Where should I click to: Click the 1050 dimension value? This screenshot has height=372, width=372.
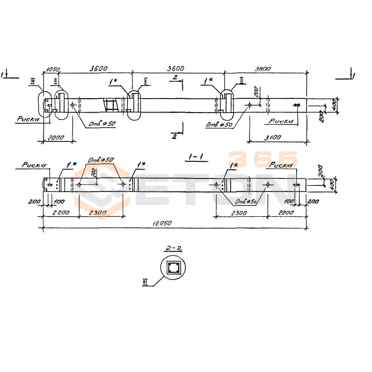pos(51,69)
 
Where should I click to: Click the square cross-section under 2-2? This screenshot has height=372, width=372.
pos(174,268)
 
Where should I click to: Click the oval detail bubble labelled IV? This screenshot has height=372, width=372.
pos(43,106)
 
